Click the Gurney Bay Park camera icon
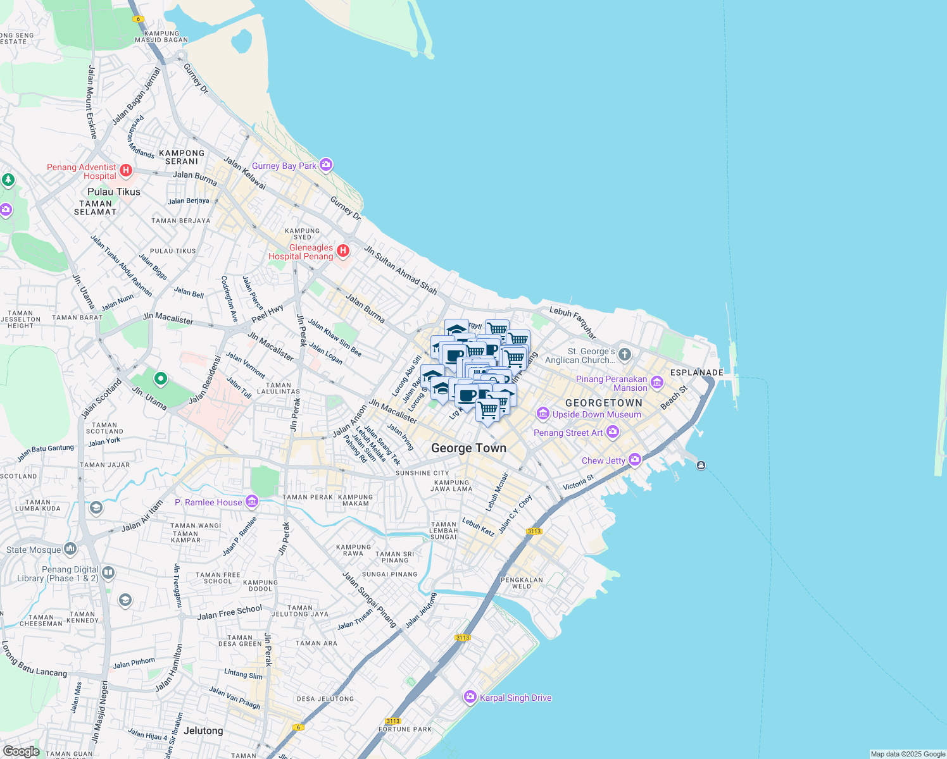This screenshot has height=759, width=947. click(326, 165)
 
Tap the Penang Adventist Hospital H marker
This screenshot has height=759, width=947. click(126, 170)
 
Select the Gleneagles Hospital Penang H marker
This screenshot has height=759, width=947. click(343, 251)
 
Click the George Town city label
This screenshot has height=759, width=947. click(468, 448)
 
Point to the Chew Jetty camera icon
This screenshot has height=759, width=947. click(635, 460)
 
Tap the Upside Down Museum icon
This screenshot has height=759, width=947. click(542, 414)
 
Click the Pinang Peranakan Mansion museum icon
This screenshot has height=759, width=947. click(656, 382)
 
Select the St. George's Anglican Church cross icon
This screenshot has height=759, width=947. click(625, 354)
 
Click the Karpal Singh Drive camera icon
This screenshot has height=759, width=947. click(470, 697)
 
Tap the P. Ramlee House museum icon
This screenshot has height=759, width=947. click(252, 502)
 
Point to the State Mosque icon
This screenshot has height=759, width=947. click(70, 548)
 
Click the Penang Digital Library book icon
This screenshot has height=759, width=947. click(108, 573)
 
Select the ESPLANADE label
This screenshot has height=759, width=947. click(696, 373)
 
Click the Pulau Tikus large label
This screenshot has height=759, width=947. click(114, 192)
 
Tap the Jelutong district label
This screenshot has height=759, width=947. click(203, 731)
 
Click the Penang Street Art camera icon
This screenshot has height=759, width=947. click(612, 432)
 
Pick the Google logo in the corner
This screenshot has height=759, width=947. click(21, 751)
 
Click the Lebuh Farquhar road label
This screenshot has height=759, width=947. click(573, 321)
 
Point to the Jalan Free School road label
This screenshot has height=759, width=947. click(229, 612)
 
